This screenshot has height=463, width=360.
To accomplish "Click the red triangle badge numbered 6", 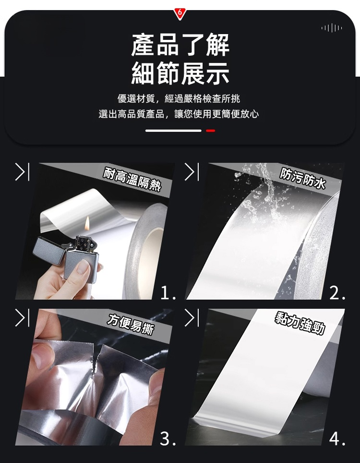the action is (180, 13).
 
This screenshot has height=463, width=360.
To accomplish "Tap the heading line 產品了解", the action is (180, 45).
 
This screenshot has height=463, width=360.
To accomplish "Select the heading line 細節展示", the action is (180, 73).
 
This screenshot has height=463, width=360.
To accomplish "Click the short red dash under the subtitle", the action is (210, 131).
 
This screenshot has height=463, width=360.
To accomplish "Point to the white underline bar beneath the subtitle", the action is (173, 131).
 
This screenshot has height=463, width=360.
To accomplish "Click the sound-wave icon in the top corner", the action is (332, 28).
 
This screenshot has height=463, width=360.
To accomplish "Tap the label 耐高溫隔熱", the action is (132, 179).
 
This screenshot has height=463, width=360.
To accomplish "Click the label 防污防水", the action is (303, 178).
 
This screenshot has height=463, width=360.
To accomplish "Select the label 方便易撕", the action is (131, 324).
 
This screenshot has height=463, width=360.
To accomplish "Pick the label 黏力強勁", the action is (300, 323).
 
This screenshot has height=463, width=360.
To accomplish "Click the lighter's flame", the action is (87, 223).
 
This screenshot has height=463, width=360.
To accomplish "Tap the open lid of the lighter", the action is (48, 251).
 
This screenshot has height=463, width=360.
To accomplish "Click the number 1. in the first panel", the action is (168, 293).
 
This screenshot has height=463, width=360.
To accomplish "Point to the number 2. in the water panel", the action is (337, 293).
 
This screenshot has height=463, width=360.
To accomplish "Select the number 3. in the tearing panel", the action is (168, 439).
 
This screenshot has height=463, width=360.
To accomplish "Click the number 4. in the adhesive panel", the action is (337, 439).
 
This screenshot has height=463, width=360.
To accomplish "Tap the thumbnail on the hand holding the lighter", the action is (83, 267).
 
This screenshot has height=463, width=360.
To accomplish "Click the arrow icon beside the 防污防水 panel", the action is (192, 172).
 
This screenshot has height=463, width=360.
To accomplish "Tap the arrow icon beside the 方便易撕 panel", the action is (22, 318).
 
